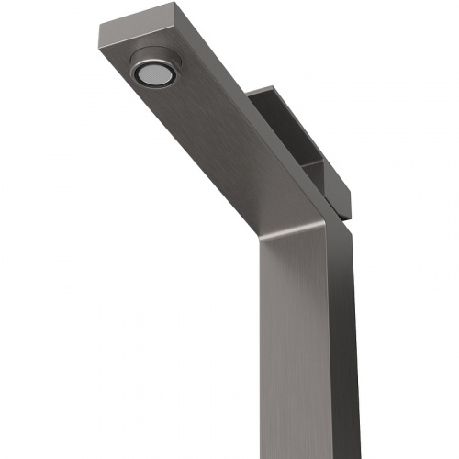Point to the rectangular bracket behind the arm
(x=303, y=138)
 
